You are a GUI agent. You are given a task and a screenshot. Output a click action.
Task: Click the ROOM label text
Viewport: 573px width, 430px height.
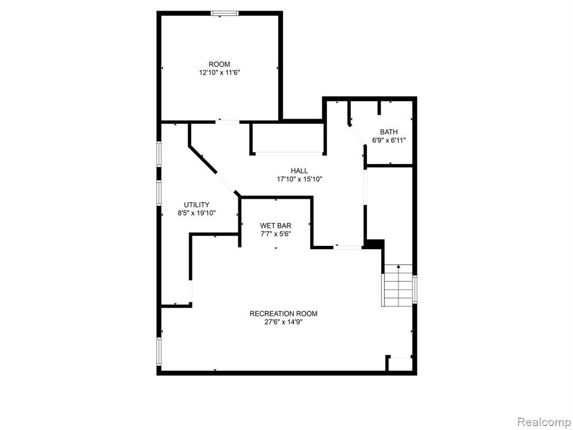[x=219, y=64]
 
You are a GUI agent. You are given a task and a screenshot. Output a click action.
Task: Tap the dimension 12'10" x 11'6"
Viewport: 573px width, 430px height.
[x=219, y=73]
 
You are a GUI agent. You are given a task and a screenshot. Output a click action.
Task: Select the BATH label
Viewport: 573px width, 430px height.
[x=389, y=132]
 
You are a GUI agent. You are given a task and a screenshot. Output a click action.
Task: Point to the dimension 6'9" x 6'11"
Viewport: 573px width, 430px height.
[x=389, y=141]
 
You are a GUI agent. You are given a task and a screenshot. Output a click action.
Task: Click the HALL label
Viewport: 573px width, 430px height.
[x=299, y=171]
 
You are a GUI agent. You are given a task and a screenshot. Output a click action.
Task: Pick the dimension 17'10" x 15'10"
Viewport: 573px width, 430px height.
[x=299, y=179]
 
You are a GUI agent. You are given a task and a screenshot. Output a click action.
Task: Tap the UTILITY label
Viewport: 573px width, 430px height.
[x=196, y=205]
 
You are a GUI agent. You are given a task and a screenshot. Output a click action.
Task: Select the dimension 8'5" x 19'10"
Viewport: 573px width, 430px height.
[x=196, y=213]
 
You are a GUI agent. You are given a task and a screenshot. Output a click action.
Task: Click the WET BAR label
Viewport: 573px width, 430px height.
[x=275, y=226]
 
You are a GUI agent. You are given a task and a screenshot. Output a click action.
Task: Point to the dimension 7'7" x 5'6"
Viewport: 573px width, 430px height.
[x=275, y=234]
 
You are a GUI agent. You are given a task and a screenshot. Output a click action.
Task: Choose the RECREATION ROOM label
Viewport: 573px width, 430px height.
[x=284, y=314]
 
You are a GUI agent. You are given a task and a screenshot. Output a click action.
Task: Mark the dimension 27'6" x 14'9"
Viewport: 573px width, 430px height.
[x=284, y=322]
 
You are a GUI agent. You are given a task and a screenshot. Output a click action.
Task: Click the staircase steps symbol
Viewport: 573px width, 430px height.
[x=398, y=286]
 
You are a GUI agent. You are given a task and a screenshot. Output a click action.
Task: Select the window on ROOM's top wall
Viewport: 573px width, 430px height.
[x=225, y=13]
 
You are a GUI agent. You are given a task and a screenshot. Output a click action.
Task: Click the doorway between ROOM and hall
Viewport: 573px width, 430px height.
[x=227, y=121]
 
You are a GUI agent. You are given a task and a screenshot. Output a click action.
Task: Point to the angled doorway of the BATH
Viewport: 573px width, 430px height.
[x=357, y=135]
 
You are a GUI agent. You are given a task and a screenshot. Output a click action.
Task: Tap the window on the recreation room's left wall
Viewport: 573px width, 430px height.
[x=159, y=351]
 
